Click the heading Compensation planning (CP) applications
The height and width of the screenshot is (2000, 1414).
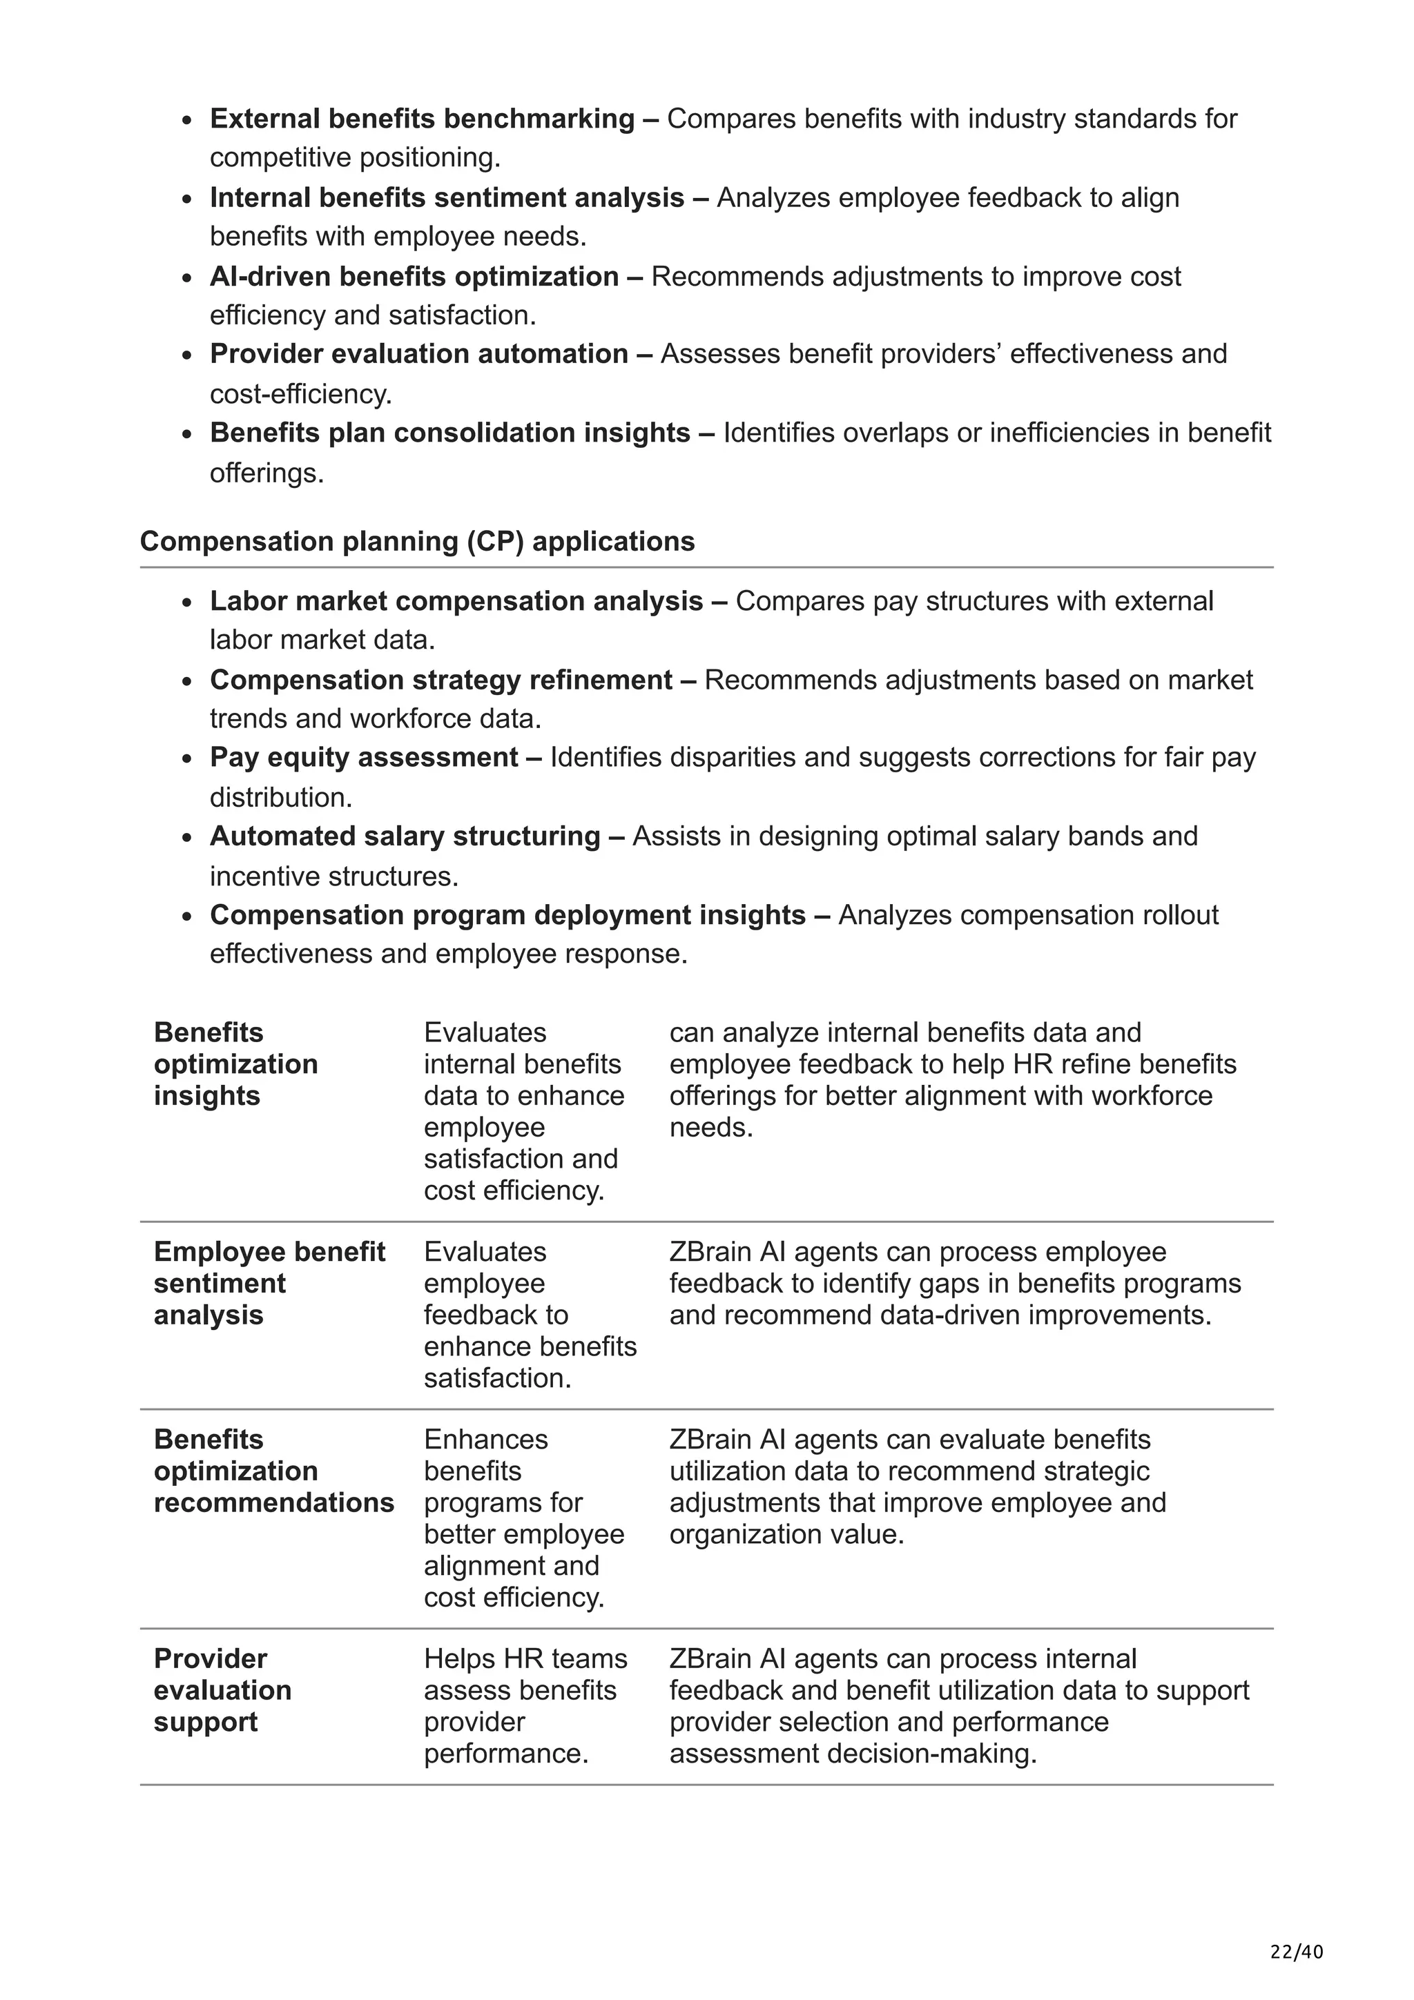416,542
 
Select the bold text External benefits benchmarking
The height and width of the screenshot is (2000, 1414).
422,119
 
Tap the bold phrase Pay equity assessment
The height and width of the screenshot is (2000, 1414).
363,758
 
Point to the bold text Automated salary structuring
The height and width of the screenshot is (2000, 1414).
405,836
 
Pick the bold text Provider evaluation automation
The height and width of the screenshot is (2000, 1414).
418,353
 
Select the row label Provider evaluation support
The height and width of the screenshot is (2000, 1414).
222,1690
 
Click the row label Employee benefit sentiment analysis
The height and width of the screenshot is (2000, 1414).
269,1283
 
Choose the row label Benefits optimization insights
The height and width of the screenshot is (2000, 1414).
235,1063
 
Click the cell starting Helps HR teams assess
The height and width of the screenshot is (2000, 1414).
525,1705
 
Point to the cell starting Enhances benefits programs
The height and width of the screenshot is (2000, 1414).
523,1518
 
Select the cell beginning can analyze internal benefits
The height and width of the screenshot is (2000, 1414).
952,1079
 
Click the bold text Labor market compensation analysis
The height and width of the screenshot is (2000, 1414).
456,601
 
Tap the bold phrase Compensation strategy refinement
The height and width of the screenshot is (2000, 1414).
441,680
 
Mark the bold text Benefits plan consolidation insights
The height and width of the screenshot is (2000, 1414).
449,433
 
